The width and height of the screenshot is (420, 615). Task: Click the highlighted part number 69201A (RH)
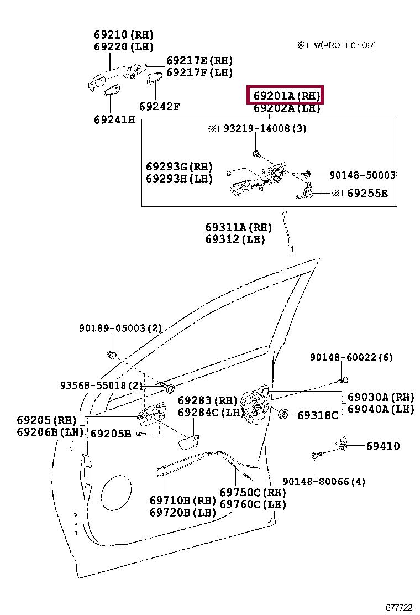click(284, 96)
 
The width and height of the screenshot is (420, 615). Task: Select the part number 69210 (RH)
click(123, 34)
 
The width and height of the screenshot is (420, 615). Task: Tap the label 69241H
click(114, 119)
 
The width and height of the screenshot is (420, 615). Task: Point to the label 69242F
click(159, 106)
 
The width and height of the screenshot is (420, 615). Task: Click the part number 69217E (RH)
click(200, 60)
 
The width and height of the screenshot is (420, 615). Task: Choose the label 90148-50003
click(362, 175)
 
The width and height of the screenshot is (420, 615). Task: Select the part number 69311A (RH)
click(239, 227)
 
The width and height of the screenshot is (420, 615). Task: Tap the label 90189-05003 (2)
click(120, 328)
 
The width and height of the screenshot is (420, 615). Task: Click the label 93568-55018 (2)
click(102, 385)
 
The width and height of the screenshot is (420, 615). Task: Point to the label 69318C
click(317, 415)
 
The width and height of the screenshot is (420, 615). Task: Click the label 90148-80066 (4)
click(324, 481)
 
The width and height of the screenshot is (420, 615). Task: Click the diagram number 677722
click(398, 607)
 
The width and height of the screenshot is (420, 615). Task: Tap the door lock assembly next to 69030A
click(258, 408)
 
